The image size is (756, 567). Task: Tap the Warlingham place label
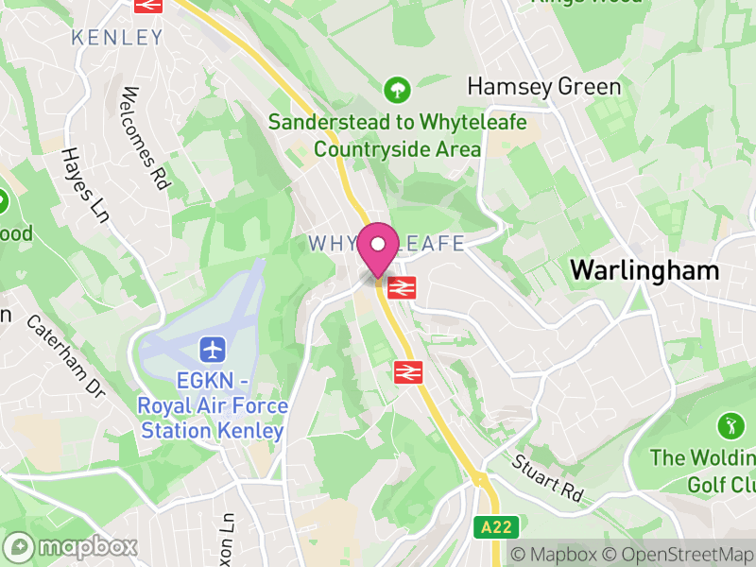tap(644, 270)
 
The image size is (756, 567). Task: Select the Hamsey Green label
tap(544, 87)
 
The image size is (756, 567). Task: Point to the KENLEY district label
tap(117, 38)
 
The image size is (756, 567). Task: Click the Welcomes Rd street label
tap(144, 138)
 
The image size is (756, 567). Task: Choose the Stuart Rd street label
tap(548, 478)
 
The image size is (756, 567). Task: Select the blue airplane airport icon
tap(213, 349)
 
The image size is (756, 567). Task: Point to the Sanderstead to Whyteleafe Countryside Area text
tap(374, 135)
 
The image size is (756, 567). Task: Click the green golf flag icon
tap(729, 424)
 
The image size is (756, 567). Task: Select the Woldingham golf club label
tap(704, 470)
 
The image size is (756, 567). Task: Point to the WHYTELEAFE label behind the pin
tap(387, 244)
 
